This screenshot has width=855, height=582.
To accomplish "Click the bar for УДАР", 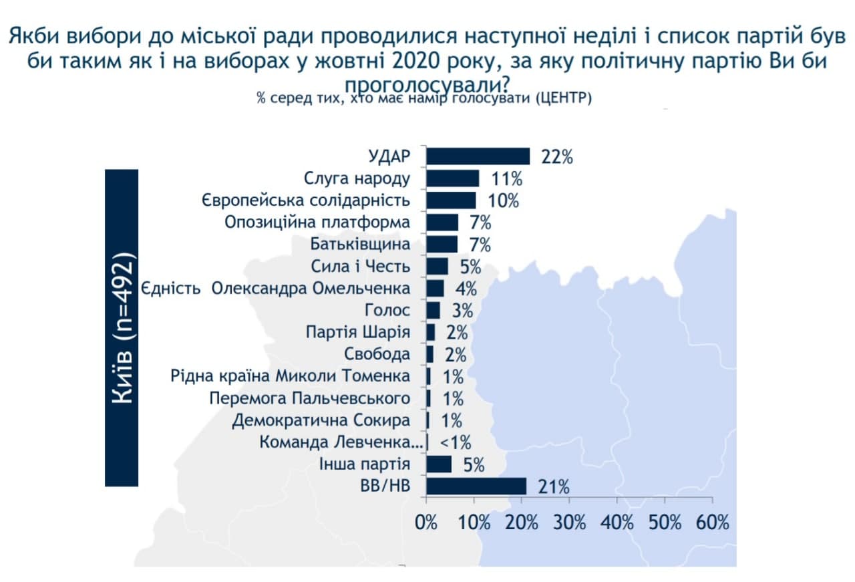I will [x=478, y=156].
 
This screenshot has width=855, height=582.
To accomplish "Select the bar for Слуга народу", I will [x=452, y=178].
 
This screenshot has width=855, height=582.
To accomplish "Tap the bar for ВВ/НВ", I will [x=476, y=486].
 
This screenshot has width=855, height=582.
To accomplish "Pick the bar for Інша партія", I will [x=439, y=464].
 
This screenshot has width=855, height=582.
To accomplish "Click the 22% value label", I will [x=557, y=157].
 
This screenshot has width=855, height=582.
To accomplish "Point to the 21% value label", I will [x=553, y=487].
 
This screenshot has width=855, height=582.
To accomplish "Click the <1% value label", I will [x=456, y=442].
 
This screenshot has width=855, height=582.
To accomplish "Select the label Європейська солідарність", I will [x=305, y=200].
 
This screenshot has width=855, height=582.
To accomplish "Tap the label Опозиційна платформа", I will [x=317, y=223].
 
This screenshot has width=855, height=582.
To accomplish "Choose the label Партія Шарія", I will [x=357, y=333].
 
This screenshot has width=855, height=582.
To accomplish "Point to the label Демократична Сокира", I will [x=321, y=421].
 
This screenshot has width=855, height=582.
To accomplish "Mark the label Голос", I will [x=387, y=311].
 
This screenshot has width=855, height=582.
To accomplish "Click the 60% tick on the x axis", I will [x=713, y=522].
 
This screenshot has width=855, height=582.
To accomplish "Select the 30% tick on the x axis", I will [x=570, y=522].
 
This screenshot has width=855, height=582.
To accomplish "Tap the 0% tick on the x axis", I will [x=426, y=522].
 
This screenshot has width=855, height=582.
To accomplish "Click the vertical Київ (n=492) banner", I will [x=122, y=327].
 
